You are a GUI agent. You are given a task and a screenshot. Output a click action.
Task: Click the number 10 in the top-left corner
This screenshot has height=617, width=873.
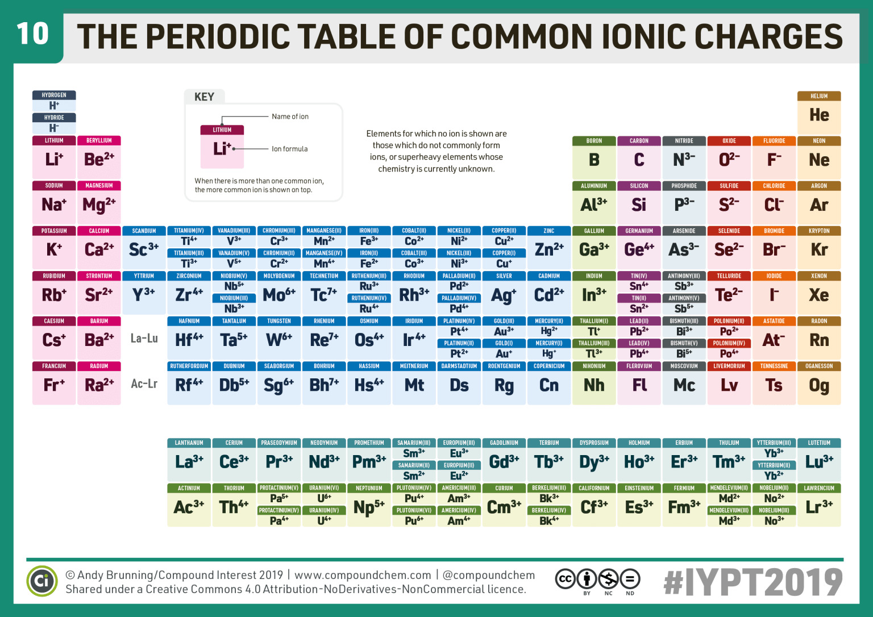click(x=32, y=34)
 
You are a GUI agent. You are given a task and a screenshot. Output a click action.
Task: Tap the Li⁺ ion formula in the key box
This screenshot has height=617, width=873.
click(x=221, y=149)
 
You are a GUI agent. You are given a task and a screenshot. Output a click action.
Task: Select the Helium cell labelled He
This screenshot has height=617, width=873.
click(x=819, y=115)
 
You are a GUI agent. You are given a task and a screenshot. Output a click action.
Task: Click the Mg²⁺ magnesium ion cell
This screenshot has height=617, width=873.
click(x=99, y=205)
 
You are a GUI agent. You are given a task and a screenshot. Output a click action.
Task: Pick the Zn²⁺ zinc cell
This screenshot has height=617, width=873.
click(x=549, y=249)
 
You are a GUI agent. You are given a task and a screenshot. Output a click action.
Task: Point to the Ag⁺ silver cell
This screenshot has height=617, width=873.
click(x=504, y=295)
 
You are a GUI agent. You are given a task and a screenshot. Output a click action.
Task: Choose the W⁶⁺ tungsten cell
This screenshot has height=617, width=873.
click(x=279, y=340)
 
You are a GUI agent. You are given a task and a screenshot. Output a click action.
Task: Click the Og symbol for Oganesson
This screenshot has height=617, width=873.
click(x=819, y=386)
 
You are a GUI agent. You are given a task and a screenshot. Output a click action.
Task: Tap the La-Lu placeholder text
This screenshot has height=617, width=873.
click(x=144, y=339)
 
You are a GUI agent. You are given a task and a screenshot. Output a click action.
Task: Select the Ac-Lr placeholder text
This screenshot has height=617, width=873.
click(x=144, y=383)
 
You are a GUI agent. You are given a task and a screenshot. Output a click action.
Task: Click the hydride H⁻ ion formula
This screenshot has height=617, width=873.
click(x=54, y=128)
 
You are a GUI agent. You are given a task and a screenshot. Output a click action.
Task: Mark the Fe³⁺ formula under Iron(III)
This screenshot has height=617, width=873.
click(x=369, y=241)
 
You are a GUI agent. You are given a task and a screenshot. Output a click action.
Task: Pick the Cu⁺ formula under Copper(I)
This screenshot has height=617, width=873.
click(x=504, y=264)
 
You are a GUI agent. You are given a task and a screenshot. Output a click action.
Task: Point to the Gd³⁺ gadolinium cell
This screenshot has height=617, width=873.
click(x=504, y=462)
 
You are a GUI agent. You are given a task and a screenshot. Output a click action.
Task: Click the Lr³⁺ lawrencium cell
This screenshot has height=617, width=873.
click(x=819, y=507)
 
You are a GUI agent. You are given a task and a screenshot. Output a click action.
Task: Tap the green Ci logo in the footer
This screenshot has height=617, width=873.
click(x=42, y=581)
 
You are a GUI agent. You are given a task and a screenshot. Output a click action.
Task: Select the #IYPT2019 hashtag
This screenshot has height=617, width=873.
click(x=753, y=582)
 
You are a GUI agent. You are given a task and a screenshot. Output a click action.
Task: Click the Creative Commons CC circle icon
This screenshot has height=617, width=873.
click(x=565, y=579)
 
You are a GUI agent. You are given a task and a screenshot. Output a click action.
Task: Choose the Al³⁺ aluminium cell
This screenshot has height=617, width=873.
click(x=594, y=205)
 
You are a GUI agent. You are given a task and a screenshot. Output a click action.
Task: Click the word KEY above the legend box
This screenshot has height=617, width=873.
click(x=204, y=97)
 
